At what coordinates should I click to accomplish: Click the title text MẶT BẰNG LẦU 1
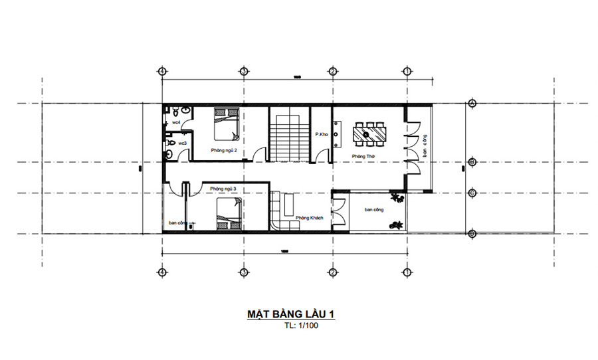point(291,314)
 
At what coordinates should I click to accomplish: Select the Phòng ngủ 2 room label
point(224,151)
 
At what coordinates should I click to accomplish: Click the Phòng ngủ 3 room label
point(224,189)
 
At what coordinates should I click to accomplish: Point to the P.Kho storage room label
point(322,135)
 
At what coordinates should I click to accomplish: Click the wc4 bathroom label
point(177,123)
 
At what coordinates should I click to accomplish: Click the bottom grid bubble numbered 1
point(407,272)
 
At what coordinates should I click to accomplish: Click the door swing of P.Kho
point(322,155)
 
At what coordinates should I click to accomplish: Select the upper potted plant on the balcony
point(397,197)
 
